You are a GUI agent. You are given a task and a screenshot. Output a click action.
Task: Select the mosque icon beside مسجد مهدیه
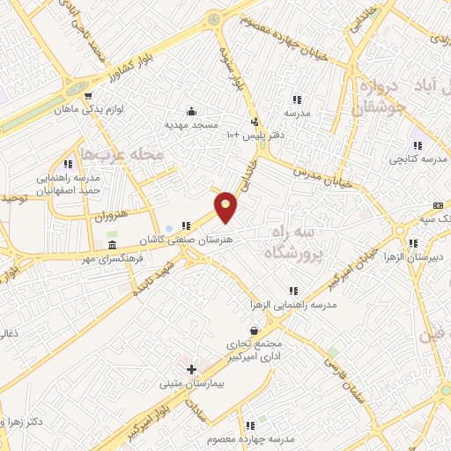191,111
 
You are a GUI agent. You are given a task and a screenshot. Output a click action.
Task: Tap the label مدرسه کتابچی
415,159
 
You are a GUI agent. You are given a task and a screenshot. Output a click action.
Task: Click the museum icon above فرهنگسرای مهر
112,243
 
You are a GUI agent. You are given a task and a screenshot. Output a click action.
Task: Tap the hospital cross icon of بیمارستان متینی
191,369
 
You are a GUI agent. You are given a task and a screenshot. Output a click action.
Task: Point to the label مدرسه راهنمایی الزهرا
292,304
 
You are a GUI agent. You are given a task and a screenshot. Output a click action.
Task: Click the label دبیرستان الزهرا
420,256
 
